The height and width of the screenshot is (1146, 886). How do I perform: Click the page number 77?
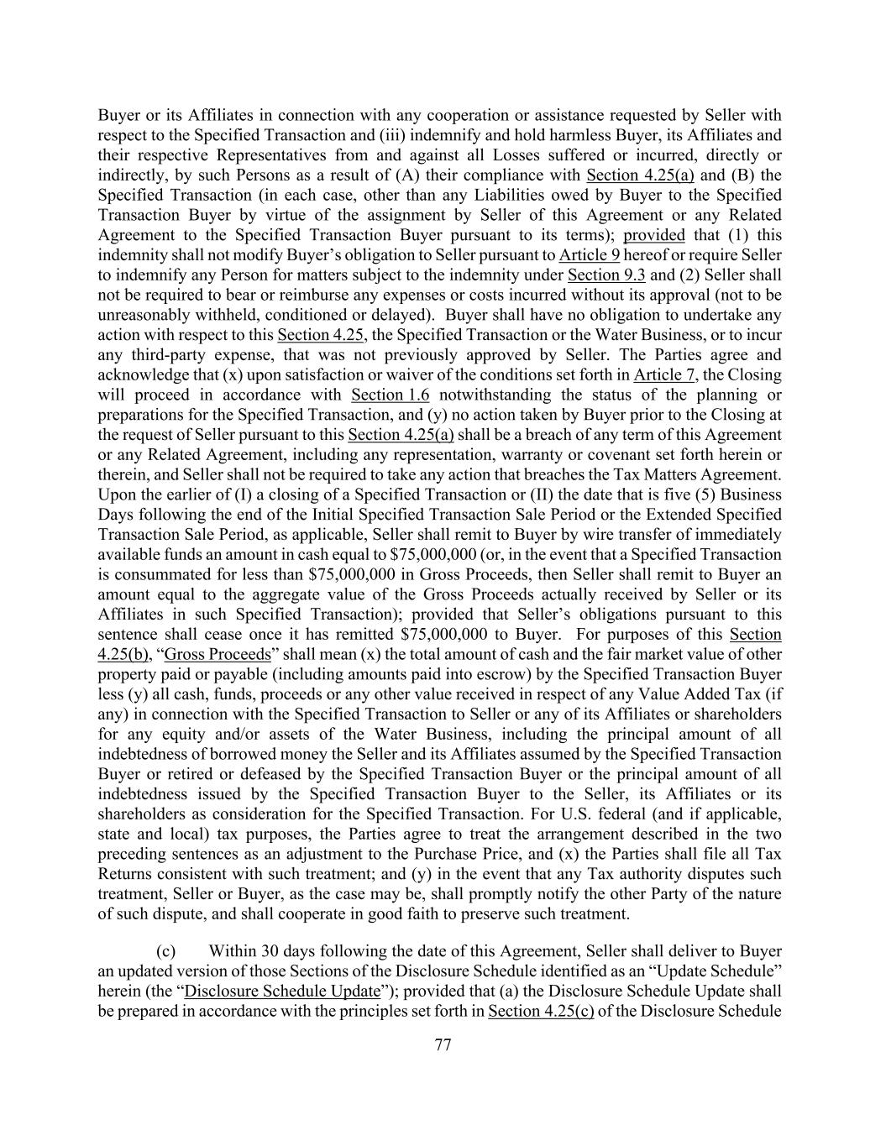click(443, 1045)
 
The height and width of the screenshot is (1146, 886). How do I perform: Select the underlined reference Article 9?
click(589, 255)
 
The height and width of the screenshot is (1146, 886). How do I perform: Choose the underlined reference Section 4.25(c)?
click(541, 1011)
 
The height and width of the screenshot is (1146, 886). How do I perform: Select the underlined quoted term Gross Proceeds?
click(218, 654)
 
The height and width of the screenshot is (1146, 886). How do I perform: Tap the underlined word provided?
click(653, 235)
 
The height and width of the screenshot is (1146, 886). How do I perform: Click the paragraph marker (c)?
click(166, 951)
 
